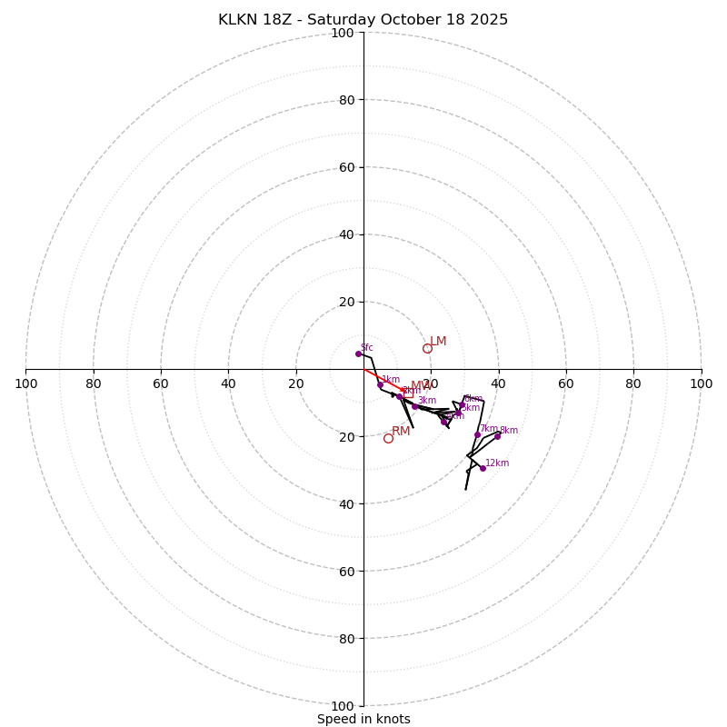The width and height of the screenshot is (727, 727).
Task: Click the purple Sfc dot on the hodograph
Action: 358,354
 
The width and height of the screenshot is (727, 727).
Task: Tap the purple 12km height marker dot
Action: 483,468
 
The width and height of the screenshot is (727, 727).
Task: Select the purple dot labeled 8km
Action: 497,436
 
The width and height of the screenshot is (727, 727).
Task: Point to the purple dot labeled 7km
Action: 477,434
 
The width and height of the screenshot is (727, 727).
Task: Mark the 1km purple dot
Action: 380,384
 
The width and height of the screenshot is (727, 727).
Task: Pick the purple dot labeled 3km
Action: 414,406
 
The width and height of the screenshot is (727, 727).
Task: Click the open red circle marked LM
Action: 427,348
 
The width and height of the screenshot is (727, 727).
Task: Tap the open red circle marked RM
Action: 388,438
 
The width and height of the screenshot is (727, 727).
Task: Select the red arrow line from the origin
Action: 382,380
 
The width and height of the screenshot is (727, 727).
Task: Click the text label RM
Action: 401,432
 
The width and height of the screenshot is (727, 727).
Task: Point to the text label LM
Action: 438,342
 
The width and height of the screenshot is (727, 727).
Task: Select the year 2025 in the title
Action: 489,20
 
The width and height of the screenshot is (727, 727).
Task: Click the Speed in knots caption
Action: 363,719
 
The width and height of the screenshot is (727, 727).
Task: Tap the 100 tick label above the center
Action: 343,34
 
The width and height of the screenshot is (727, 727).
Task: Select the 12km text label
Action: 497,463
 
